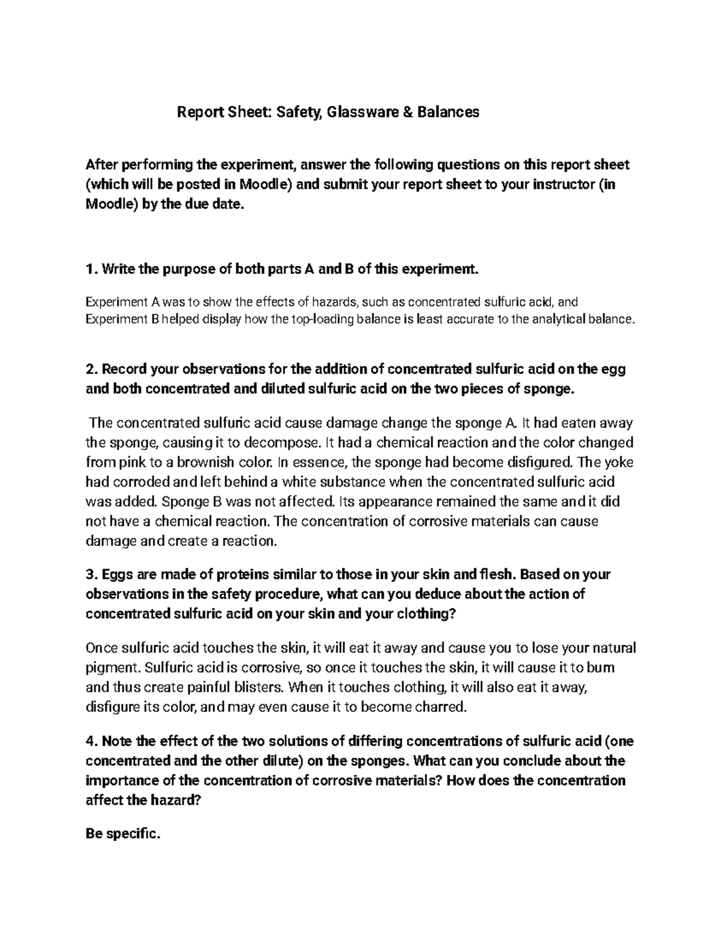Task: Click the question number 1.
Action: (89, 269)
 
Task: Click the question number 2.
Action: (90, 370)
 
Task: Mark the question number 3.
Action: (90, 574)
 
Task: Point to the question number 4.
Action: (90, 741)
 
